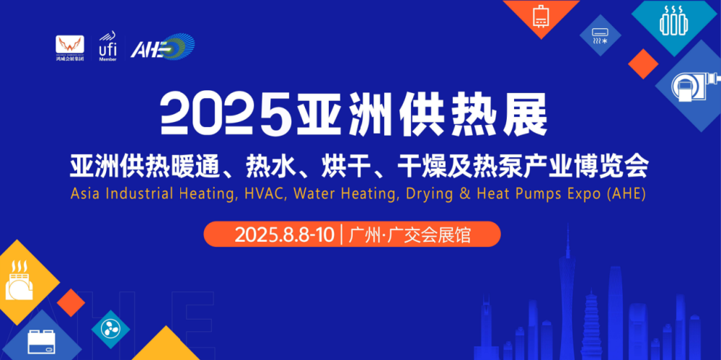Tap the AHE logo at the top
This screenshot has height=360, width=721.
(162, 46)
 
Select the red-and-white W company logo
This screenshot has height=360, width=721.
(70, 48)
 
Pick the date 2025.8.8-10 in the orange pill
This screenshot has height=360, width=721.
(285, 234)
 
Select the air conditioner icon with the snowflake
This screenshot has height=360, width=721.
(600, 36)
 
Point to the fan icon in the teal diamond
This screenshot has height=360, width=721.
(110, 330)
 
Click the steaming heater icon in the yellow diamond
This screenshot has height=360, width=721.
(19, 281)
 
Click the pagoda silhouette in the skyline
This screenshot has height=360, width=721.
(592, 325)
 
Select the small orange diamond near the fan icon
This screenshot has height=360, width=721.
(71, 302)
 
